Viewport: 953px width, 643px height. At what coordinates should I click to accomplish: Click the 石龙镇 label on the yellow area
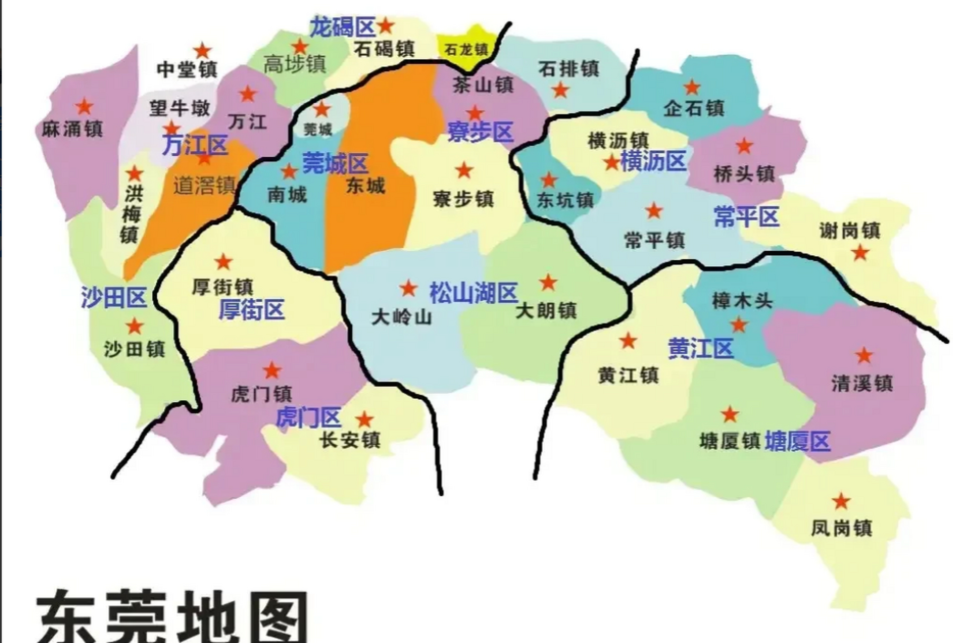[x=466, y=50]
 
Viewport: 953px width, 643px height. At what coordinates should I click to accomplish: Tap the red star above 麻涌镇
[x=84, y=106]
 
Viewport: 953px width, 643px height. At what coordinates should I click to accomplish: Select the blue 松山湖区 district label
[x=474, y=292]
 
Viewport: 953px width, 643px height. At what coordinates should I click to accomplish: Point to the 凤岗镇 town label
[x=841, y=528]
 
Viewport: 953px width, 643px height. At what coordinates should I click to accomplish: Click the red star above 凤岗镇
[x=841, y=501]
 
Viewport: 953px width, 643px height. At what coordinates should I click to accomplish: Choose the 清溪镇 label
[x=862, y=383]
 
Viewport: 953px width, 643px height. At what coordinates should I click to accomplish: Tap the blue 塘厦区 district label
[x=797, y=442]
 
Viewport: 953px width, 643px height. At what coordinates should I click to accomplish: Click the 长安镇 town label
[x=350, y=440]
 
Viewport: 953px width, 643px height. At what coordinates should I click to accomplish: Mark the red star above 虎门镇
[x=272, y=370]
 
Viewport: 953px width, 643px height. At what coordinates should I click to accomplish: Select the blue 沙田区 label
[x=114, y=297]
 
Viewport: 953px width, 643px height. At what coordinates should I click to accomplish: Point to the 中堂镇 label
[x=187, y=69]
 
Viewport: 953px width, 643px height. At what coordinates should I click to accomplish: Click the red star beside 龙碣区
[x=385, y=25]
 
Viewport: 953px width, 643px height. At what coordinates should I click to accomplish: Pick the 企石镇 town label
[x=694, y=108]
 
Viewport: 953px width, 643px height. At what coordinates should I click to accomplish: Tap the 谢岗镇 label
[x=850, y=231]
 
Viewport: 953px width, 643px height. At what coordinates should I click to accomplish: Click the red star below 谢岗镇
[x=860, y=252]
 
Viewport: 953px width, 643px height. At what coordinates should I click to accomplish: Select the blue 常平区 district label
[x=746, y=217]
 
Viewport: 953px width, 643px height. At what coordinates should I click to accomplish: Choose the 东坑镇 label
[x=565, y=200]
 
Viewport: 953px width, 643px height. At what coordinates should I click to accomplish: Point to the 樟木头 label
[x=742, y=301]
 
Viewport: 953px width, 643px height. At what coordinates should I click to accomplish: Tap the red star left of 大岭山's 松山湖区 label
[x=408, y=288]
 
